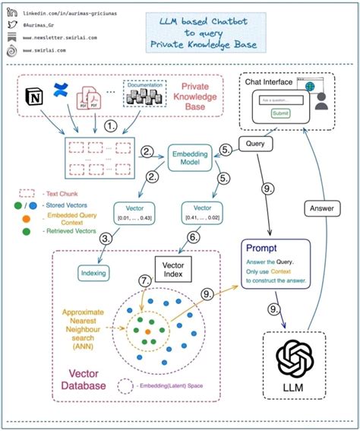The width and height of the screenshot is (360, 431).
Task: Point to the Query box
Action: pyautogui.click(x=257, y=143)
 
